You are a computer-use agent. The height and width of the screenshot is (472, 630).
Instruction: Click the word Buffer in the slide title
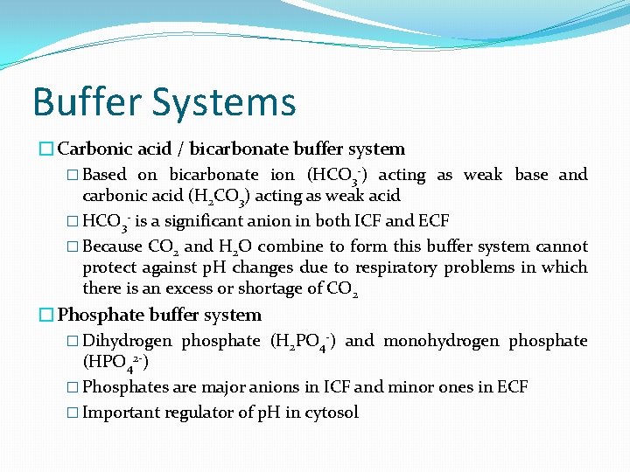[x=87, y=101]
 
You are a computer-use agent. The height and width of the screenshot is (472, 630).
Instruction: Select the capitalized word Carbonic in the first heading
[x=93, y=149]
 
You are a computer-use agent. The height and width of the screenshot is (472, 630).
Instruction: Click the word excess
[x=185, y=288]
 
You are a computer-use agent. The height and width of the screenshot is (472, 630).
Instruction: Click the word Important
[x=121, y=413]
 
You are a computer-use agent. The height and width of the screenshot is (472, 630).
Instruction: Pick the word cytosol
[x=332, y=413]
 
